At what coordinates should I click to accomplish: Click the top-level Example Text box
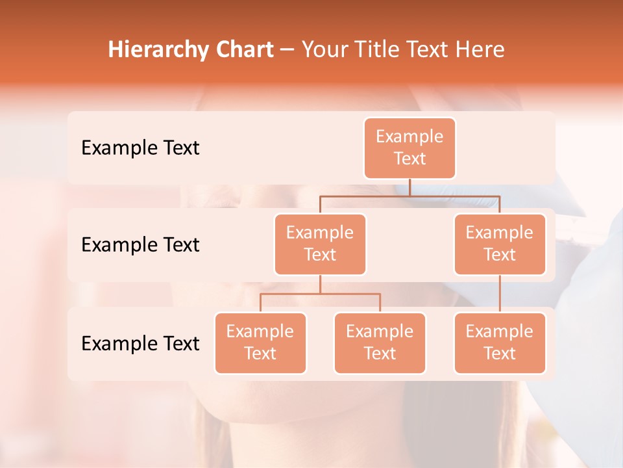click(x=409, y=148)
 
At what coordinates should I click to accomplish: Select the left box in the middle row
click(x=320, y=244)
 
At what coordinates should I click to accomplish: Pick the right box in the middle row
click(x=500, y=244)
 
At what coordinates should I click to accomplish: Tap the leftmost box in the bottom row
click(x=260, y=343)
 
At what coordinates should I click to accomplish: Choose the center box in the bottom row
click(x=380, y=343)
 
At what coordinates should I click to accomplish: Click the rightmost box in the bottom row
click(x=500, y=343)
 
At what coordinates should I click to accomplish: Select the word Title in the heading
click(x=382, y=50)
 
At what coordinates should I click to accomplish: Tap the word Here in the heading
click(x=481, y=50)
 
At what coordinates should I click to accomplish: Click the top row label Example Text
click(x=140, y=148)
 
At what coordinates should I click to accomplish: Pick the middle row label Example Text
click(x=140, y=245)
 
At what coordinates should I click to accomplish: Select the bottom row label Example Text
click(x=140, y=343)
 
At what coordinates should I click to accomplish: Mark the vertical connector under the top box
click(x=409, y=187)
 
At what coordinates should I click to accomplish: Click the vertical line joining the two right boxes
click(x=500, y=294)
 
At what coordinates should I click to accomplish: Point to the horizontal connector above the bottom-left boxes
click(x=320, y=294)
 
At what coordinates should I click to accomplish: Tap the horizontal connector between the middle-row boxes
click(x=409, y=196)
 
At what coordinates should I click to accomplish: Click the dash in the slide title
click(x=287, y=50)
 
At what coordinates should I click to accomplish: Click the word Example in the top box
click(x=409, y=136)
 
